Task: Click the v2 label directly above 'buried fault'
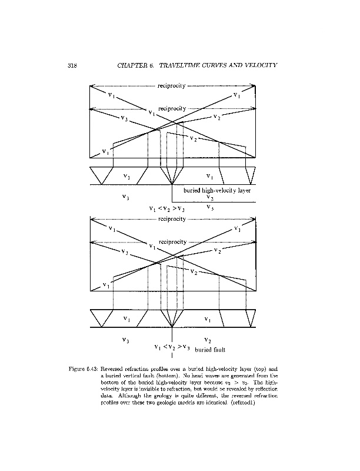(208, 340)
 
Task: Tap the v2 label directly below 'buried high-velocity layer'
(210, 198)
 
